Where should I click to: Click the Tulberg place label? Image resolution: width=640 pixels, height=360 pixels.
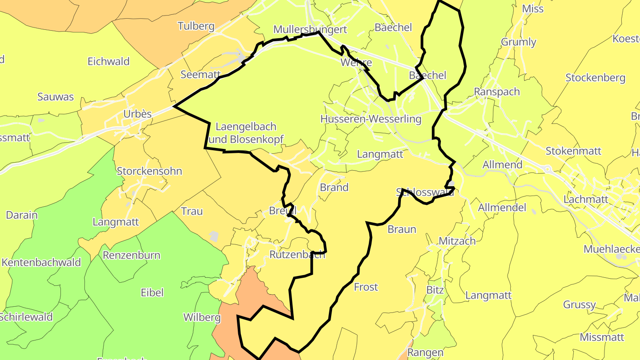pyautogui.click(x=196, y=26)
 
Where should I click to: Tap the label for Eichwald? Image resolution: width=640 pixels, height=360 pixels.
pyautogui.click(x=108, y=61)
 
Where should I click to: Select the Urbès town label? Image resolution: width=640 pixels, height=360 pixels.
pyautogui.click(x=137, y=114)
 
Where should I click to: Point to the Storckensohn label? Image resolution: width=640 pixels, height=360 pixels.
pyautogui.click(x=149, y=171)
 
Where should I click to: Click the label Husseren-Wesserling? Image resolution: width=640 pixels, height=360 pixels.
pyautogui.click(x=371, y=119)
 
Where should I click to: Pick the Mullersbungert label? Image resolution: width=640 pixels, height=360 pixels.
pyautogui.click(x=310, y=29)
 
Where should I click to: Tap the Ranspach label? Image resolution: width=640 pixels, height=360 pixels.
pyautogui.click(x=497, y=92)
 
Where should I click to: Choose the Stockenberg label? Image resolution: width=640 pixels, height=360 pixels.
pyautogui.click(x=595, y=78)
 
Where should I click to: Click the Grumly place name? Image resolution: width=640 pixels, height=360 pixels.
pyautogui.click(x=518, y=42)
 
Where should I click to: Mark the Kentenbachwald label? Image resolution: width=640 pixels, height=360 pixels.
pyautogui.click(x=41, y=262)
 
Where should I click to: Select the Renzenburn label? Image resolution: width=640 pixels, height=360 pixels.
pyautogui.click(x=132, y=256)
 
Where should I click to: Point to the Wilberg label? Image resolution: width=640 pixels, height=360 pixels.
pyautogui.click(x=202, y=318)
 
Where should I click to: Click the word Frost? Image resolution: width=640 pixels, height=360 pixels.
pyautogui.click(x=366, y=287)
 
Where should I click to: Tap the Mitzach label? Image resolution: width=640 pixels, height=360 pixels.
pyautogui.click(x=457, y=241)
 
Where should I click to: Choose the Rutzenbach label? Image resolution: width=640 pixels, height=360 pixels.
pyautogui.click(x=297, y=255)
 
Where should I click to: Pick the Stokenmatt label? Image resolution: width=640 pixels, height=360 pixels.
pyautogui.click(x=573, y=151)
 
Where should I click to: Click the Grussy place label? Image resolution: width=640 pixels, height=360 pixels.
pyautogui.click(x=579, y=305)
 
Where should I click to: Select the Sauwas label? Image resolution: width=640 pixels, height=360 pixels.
pyautogui.click(x=56, y=97)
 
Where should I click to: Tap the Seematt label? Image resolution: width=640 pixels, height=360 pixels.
pyautogui.click(x=200, y=75)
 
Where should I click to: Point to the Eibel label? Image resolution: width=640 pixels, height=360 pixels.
pyautogui.click(x=152, y=292)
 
